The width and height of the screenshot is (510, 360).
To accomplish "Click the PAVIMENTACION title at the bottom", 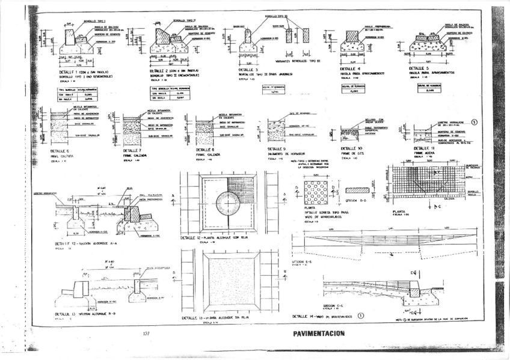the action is [319, 333].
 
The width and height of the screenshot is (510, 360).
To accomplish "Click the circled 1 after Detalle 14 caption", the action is [361, 314].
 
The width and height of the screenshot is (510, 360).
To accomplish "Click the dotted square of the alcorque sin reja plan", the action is [230, 280].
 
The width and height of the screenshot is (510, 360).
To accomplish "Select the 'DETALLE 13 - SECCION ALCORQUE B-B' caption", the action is [84, 314].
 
